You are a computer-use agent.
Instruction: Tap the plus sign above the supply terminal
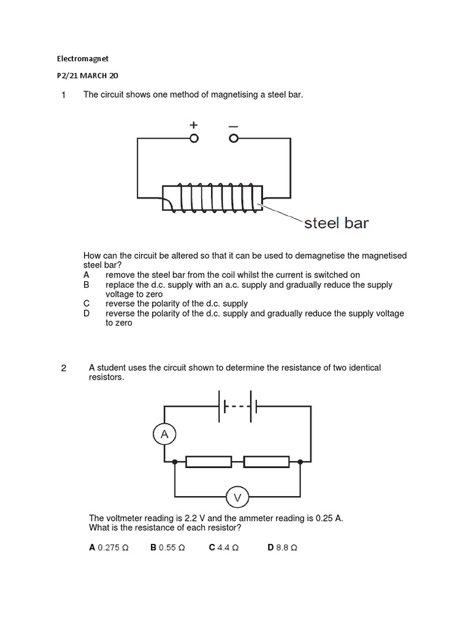(x=194, y=124)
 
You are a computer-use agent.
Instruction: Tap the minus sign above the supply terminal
(x=233, y=125)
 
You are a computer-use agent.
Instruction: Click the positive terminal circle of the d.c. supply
(x=194, y=139)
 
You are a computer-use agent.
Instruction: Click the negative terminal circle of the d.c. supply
(x=233, y=139)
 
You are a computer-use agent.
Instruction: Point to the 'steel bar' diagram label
(x=336, y=223)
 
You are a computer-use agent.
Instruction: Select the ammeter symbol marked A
(x=164, y=435)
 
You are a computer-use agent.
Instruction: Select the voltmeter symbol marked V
(x=237, y=497)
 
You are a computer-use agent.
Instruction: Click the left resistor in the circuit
(x=209, y=461)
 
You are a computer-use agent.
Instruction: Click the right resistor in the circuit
(x=266, y=461)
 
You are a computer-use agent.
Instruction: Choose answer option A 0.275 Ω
(x=109, y=548)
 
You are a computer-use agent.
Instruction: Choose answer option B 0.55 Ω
(x=167, y=548)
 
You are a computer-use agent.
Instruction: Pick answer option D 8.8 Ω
(x=282, y=548)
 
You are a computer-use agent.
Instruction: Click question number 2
(x=63, y=369)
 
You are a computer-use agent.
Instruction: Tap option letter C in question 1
(x=86, y=304)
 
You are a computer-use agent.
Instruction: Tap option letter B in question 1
(x=86, y=285)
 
